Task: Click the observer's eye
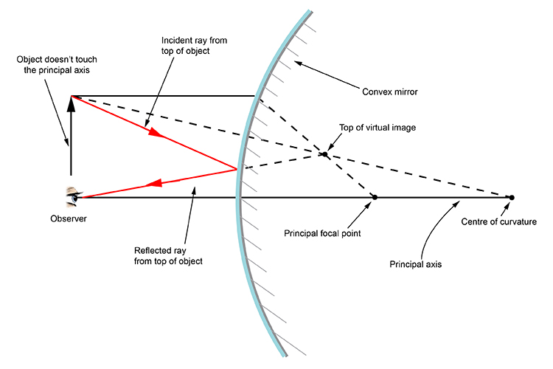[73, 196]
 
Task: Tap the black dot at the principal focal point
[375, 197]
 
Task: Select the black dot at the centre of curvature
[511, 197]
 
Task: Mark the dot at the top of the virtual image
[324, 154]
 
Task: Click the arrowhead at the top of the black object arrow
[72, 104]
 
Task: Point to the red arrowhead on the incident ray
[155, 134]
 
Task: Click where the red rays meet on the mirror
[236, 169]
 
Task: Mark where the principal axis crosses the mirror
[238, 197]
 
